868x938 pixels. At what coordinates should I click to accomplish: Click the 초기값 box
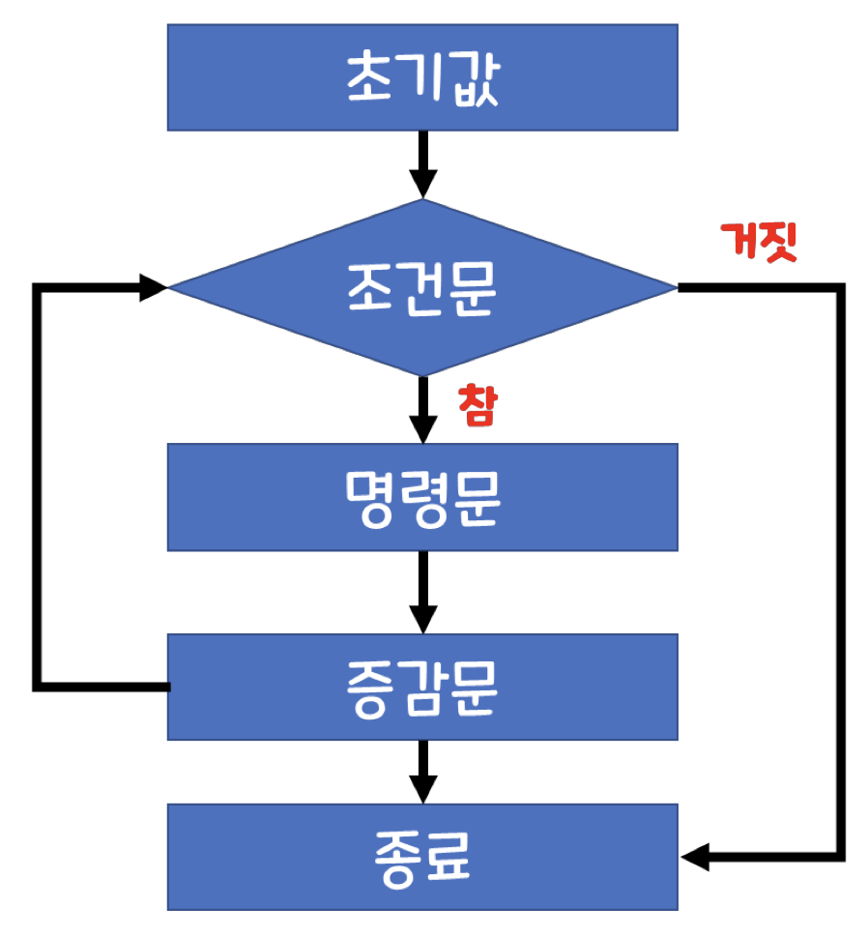point(422,77)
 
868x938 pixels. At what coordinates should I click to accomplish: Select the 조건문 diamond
point(422,287)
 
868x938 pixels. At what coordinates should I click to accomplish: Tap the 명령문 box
point(422,497)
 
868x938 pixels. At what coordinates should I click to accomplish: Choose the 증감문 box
point(422,687)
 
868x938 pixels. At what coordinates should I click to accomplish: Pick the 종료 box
point(422,857)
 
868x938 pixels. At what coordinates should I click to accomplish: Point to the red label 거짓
point(760,243)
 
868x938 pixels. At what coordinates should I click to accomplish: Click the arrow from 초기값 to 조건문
point(422,164)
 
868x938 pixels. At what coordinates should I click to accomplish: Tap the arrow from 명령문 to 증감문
point(422,592)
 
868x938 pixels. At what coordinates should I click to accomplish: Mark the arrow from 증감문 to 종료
point(422,772)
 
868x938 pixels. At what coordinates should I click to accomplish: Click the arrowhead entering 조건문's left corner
point(153,287)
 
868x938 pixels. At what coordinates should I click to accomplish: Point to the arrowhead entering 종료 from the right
point(696,857)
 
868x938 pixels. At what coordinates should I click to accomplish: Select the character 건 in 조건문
point(422,287)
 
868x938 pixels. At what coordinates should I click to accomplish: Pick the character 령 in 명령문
point(422,497)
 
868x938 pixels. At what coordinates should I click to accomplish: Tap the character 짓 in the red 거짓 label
point(778,243)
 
